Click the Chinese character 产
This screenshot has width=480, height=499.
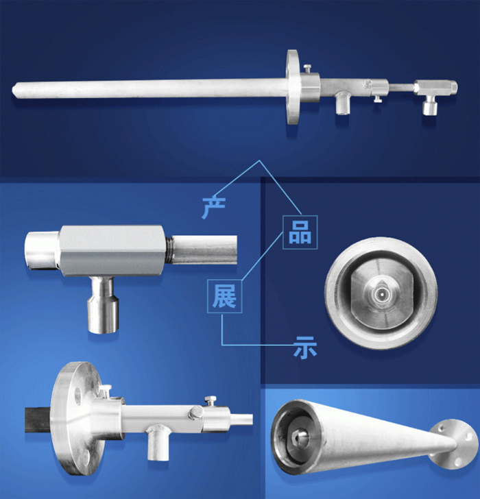[214, 208]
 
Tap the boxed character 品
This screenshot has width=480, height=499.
[300, 232]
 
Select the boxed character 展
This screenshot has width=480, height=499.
[224, 296]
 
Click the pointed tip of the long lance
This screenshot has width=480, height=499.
[13, 89]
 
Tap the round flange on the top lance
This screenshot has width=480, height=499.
[292, 87]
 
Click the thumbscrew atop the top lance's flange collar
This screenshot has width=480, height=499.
[307, 68]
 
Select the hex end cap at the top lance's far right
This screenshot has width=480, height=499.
[453, 87]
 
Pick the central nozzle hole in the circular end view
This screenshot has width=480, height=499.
[381, 294]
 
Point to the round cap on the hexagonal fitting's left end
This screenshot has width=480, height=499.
[42, 250]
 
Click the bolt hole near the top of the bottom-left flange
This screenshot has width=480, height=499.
[78, 396]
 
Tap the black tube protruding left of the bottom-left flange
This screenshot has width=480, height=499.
[38, 420]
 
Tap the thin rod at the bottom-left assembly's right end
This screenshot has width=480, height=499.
[241, 419]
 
